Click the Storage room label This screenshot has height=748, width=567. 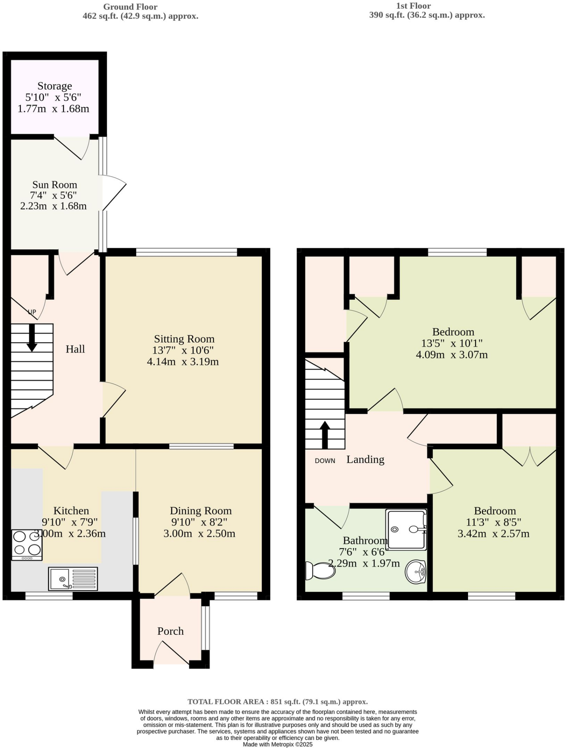pos(55,86)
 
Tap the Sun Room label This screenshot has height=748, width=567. pos(55,184)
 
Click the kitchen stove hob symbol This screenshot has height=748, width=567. pos(27,545)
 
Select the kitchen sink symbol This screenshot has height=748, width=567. pos(73,579)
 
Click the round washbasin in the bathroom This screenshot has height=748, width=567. pos(416,572)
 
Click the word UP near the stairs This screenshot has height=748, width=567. pos(32,312)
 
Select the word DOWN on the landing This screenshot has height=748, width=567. pos(325,461)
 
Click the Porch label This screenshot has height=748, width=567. pos(170,631)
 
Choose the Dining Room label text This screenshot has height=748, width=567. pos(201,511)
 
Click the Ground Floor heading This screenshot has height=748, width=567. pos(130,7)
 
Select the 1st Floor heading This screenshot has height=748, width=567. pos(413,6)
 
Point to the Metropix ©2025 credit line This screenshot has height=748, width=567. pos(278,744)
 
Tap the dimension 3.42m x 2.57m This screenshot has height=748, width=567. pos(493,534)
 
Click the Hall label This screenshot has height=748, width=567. pos(75,349)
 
